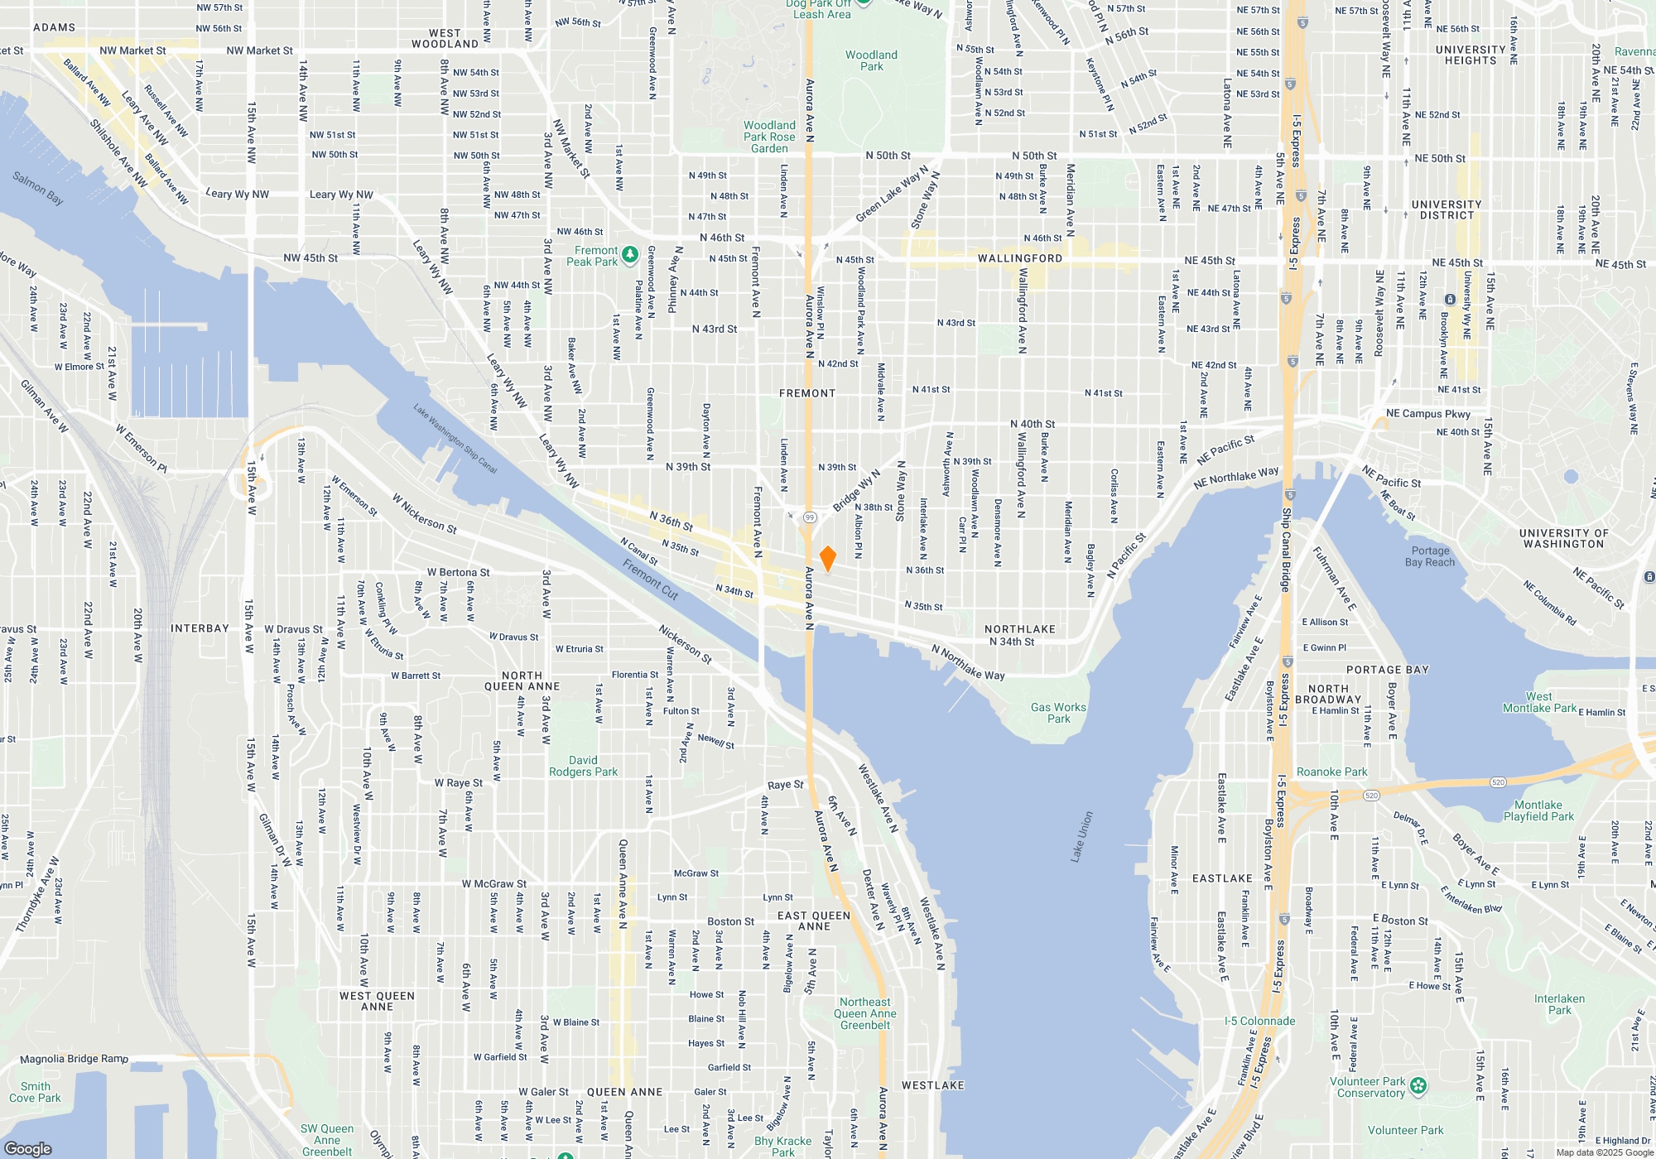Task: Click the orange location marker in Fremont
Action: coord(827,558)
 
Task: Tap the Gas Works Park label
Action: coord(1058,713)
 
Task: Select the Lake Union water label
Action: coord(1082,837)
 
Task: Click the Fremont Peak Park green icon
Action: coord(630,254)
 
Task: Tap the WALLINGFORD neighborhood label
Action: coord(1020,258)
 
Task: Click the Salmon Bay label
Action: coord(37,187)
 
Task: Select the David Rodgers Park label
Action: coord(583,766)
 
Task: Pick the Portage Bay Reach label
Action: coord(1430,556)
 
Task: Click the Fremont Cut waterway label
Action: coord(651,579)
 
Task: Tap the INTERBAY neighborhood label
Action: coord(200,628)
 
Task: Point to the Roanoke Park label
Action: coord(1331,772)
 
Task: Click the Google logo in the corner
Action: coord(27,1148)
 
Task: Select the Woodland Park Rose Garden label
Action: coord(769,137)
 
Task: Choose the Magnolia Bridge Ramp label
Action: coord(74,1059)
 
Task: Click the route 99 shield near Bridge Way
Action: coord(810,517)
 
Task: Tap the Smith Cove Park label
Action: coord(35,1092)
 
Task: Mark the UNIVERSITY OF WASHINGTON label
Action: coord(1563,538)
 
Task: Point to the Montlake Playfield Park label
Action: coord(1538,810)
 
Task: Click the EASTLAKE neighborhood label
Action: coord(1222,878)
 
